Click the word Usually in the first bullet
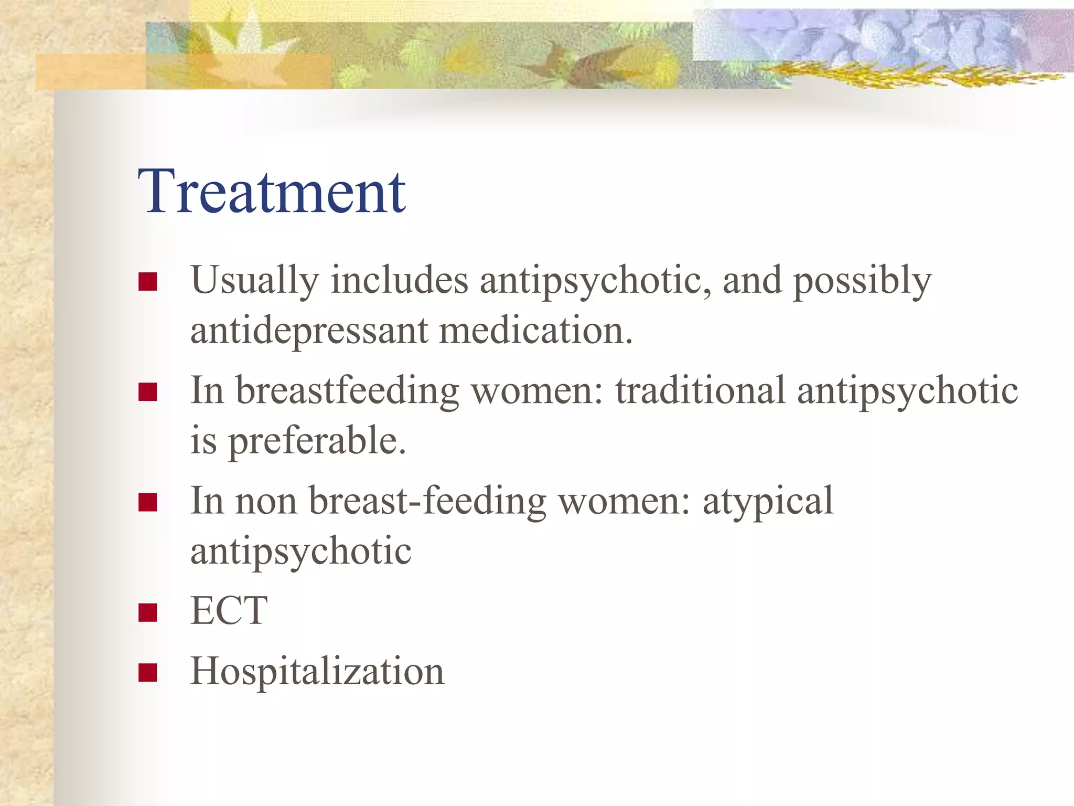[x=254, y=281]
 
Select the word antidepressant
[x=309, y=331]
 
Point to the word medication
[x=535, y=331]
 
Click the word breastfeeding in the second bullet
[x=347, y=391]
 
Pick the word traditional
[x=700, y=390]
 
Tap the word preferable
[x=317, y=441]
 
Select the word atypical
[x=768, y=502]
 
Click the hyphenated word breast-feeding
[x=427, y=501]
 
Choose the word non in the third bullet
[x=266, y=502]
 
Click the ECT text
[x=229, y=611]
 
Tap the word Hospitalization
[x=317, y=672]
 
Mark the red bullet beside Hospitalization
[x=148, y=672]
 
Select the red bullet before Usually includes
[x=148, y=282]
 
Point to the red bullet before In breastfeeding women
[x=148, y=392]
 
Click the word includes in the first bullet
[x=399, y=281]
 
